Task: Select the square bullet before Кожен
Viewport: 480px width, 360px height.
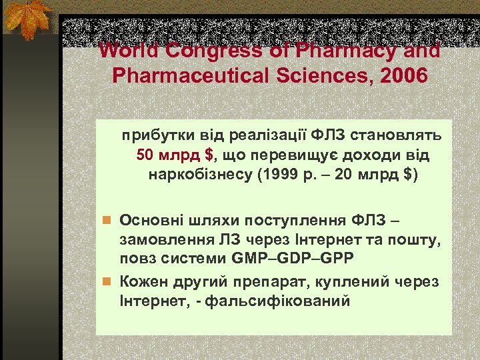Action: point(106,282)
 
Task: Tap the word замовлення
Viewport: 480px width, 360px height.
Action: point(161,239)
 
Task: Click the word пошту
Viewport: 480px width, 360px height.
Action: point(415,239)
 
